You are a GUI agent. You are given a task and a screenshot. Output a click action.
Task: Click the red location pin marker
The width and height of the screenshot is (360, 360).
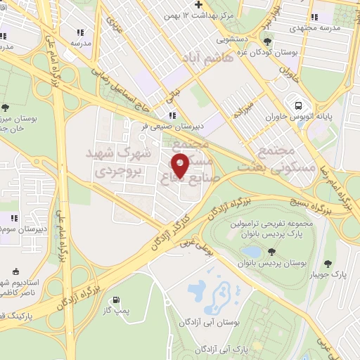coord(181,165)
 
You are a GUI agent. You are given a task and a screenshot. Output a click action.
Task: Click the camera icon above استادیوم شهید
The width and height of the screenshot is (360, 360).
coord(16,270)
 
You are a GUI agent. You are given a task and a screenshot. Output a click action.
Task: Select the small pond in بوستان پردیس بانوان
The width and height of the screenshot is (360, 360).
coord(250,251)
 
